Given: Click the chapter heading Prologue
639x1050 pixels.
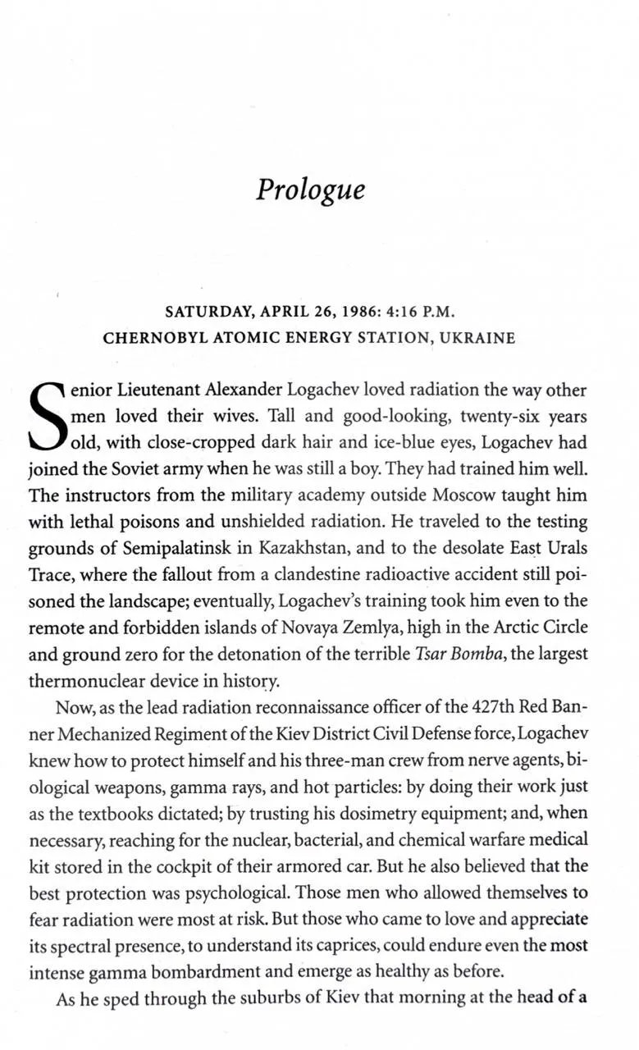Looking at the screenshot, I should [x=310, y=189].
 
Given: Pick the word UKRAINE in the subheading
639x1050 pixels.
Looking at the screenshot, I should [x=478, y=338].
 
